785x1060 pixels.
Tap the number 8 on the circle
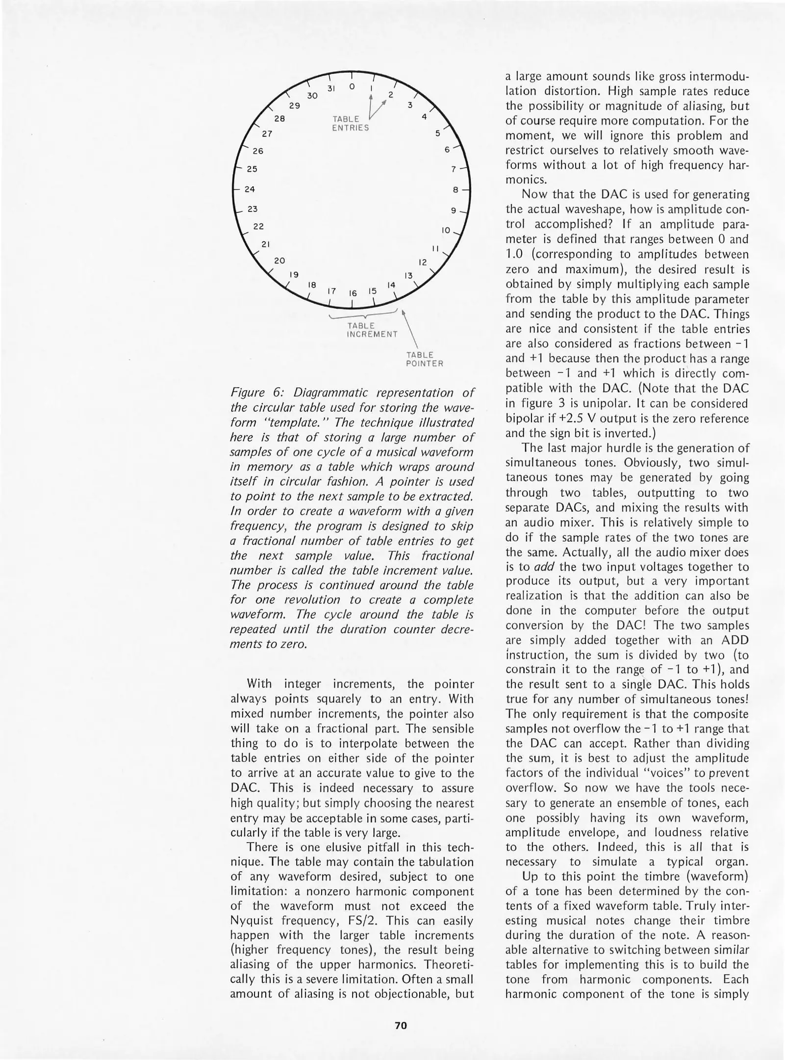[x=455, y=189]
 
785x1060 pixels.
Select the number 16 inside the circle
[x=352, y=293]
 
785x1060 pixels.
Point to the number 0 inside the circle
[x=352, y=86]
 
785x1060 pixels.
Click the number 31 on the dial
[x=331, y=89]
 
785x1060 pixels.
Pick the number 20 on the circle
[x=279, y=260]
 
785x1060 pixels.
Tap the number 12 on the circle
[x=423, y=262]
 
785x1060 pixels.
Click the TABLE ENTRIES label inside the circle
[x=350, y=123]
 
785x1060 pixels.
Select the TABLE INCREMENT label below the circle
[x=372, y=330]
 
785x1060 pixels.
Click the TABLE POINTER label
[x=424, y=359]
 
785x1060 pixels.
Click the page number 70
[x=401, y=1025]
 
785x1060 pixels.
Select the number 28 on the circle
[x=279, y=118]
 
